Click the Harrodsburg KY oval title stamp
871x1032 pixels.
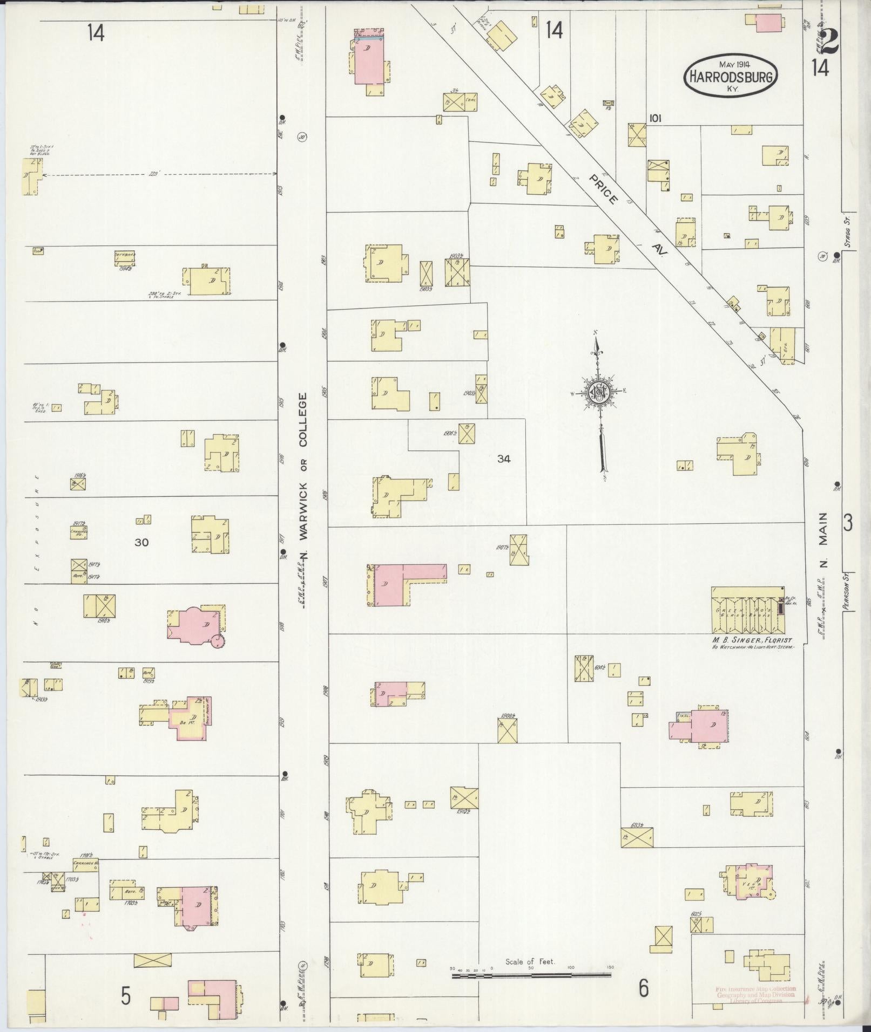[x=732, y=77]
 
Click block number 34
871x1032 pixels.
[x=504, y=459]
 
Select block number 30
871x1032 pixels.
[x=141, y=542]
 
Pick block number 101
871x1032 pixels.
[x=656, y=118]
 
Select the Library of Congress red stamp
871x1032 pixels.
[x=755, y=995]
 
